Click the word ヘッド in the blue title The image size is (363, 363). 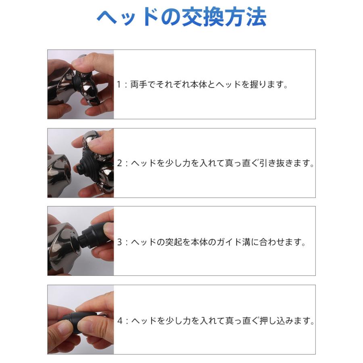pyautogui.click(x=123, y=18)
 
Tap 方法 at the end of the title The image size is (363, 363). pyautogui.click(x=246, y=18)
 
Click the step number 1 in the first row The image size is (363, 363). pyautogui.click(x=119, y=85)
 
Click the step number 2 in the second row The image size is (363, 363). pyautogui.click(x=119, y=164)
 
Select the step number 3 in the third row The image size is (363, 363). pyautogui.click(x=119, y=242)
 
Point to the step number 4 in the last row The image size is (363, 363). pyautogui.click(x=119, y=321)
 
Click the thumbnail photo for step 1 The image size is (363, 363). pyautogui.click(x=81, y=84)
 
